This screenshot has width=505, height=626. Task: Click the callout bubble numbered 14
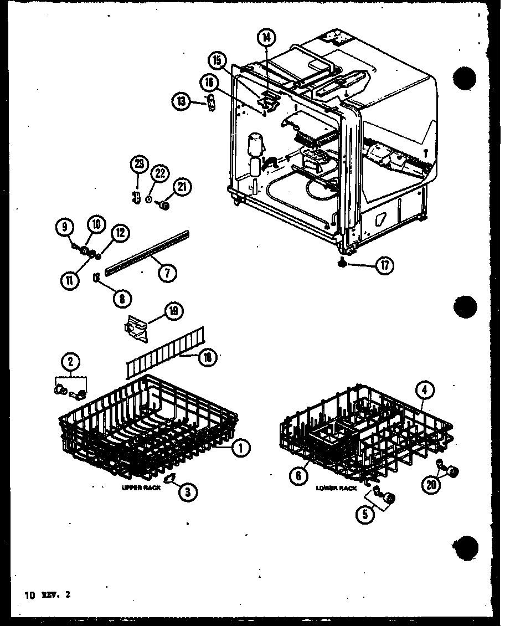coord(266,38)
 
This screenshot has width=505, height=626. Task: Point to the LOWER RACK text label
coord(336,488)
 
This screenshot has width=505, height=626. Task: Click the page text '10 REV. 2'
coord(48,596)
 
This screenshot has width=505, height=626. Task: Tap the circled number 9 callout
coord(64,225)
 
